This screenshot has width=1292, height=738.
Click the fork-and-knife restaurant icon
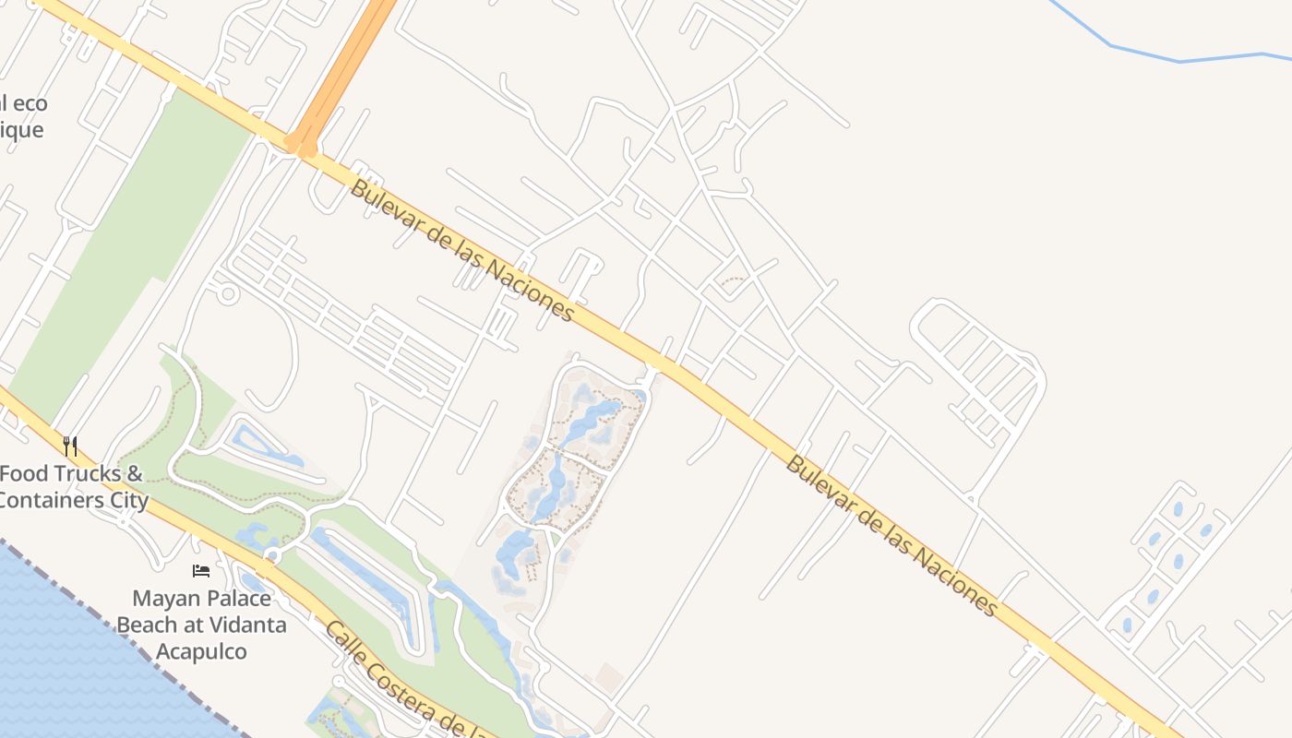tap(70, 446)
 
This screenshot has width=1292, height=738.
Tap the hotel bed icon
tap(201, 571)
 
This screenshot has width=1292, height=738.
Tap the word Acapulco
tap(201, 651)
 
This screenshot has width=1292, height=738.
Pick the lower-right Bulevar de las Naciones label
tap(891, 535)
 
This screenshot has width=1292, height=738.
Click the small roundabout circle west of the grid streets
tap(227, 294)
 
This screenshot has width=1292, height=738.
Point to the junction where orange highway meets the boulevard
tap(301, 146)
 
